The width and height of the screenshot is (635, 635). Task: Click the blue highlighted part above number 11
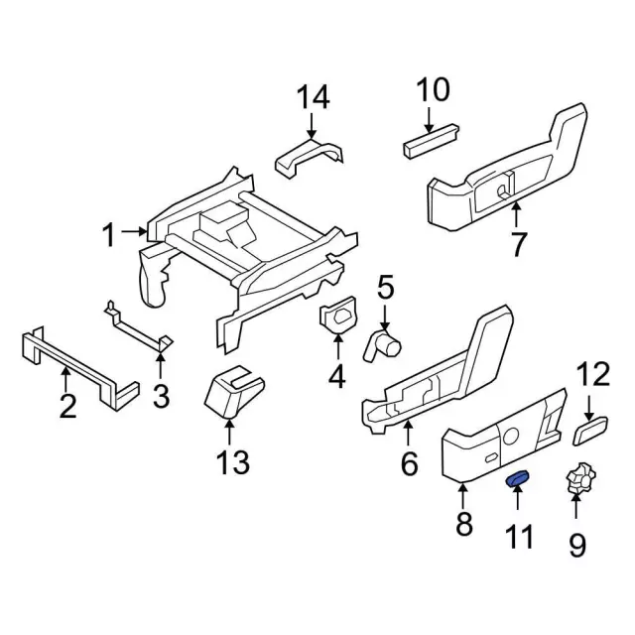click(x=518, y=478)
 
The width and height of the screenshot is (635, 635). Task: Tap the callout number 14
click(x=314, y=97)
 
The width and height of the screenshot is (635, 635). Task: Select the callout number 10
click(x=433, y=89)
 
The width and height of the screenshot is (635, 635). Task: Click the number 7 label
click(x=518, y=244)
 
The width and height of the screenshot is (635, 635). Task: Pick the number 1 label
click(x=109, y=235)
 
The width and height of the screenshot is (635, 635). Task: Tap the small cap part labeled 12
click(x=590, y=431)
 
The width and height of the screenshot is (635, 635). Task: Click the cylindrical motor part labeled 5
click(x=384, y=344)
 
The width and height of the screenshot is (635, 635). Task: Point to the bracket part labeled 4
click(x=338, y=315)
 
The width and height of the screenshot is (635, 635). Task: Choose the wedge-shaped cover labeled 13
click(x=234, y=391)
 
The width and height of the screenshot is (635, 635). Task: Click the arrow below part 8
click(x=463, y=497)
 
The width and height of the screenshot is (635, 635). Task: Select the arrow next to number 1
click(x=135, y=231)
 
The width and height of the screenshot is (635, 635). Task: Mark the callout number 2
click(x=67, y=406)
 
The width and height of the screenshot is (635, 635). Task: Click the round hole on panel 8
click(x=510, y=437)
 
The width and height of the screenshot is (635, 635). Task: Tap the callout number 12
click(x=593, y=374)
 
